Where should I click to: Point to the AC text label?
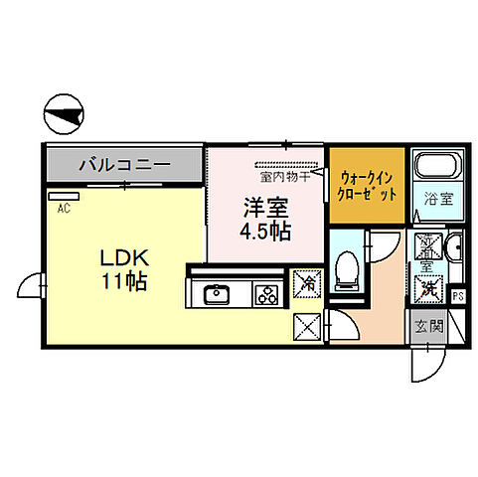click(x=63, y=209)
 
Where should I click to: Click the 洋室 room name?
click(x=266, y=211)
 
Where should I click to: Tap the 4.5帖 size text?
click(x=266, y=234)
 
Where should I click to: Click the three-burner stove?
click(x=267, y=294)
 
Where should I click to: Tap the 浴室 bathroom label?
click(x=440, y=198)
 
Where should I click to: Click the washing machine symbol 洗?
click(x=429, y=288)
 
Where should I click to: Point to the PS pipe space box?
click(x=458, y=295)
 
